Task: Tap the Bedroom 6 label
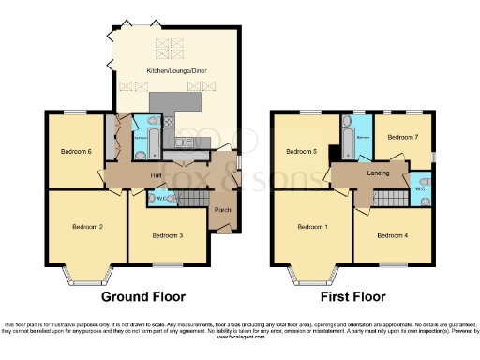click(x=76, y=151)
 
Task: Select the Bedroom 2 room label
click(x=88, y=227)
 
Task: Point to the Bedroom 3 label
click(x=168, y=234)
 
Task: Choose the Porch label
click(x=223, y=210)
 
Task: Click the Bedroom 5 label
click(x=302, y=151)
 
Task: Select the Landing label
click(x=378, y=173)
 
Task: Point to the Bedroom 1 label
click(x=312, y=226)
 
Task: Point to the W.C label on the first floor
click(x=419, y=188)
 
